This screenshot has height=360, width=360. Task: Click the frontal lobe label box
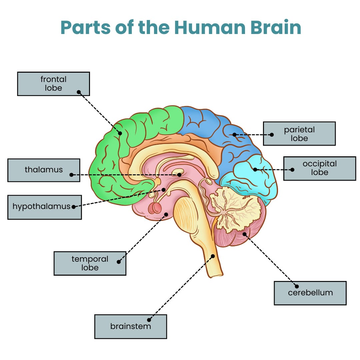pos(53,84)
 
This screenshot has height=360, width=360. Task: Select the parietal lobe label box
pos(299,134)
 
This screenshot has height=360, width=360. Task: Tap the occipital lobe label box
pos(319,168)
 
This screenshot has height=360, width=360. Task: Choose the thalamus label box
pos(44,170)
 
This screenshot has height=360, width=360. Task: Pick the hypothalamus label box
pos(44,207)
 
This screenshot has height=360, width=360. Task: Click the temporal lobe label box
pos(90,263)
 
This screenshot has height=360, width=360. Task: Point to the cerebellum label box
pos(310,293)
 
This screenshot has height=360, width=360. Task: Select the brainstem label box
pos(130,326)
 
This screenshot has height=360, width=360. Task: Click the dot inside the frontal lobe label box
pos(79,92)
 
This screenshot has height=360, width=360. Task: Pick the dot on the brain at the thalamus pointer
pos(179,175)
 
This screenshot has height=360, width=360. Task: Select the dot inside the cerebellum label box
pos(297,286)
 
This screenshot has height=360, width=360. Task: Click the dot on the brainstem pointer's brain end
pos(213,256)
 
